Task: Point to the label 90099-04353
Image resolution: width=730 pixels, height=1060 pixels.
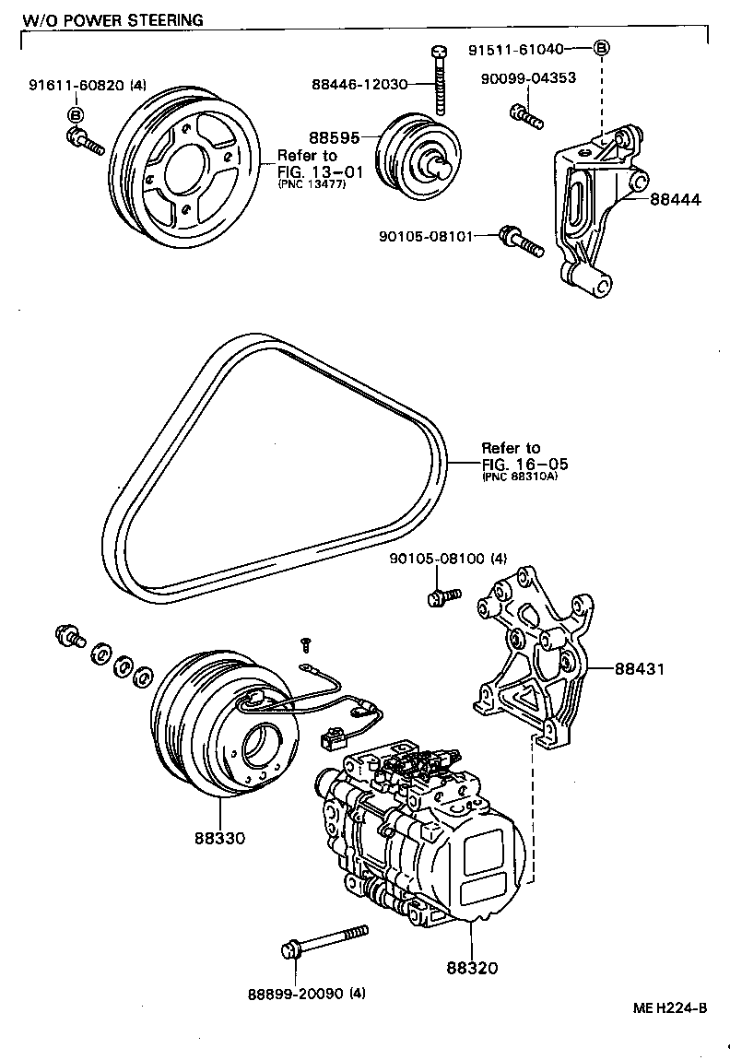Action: click(528, 77)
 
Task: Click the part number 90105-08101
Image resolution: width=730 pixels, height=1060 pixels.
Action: click(425, 236)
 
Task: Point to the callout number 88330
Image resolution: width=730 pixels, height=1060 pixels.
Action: click(219, 839)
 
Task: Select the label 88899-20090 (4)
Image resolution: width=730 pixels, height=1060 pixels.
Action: click(306, 994)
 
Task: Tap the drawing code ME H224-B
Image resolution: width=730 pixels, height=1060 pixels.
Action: click(670, 1007)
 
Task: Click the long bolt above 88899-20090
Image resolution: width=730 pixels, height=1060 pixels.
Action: click(332, 940)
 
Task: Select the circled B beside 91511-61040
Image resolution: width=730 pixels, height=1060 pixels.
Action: click(601, 48)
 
